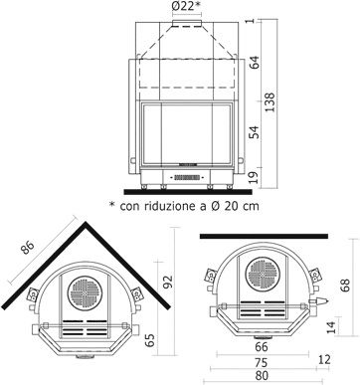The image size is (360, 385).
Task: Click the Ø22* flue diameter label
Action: tap(187, 6)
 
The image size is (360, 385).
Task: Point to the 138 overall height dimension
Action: tap(270, 102)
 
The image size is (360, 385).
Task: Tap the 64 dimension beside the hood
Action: tap(255, 63)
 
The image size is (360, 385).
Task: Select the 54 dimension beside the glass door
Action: tap(255, 132)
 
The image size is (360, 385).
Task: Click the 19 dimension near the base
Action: tap(255, 177)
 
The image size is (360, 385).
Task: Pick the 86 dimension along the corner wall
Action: tap(27, 247)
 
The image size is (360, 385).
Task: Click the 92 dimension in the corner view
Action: tap(168, 282)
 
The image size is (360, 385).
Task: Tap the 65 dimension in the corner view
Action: tap(150, 340)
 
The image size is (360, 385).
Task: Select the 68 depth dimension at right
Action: tap(345, 286)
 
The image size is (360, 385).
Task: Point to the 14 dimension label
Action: tap(331, 327)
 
